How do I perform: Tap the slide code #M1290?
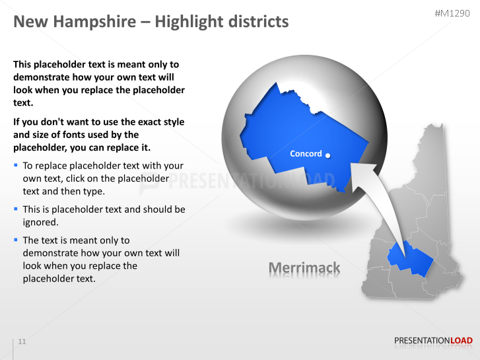pos(454,13)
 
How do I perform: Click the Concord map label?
pos(306,154)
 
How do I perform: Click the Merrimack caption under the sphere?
pos(304,268)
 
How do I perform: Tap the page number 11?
pos(22,342)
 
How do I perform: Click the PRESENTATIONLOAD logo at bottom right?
pos(433,341)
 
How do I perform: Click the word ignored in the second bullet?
pos(40,222)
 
